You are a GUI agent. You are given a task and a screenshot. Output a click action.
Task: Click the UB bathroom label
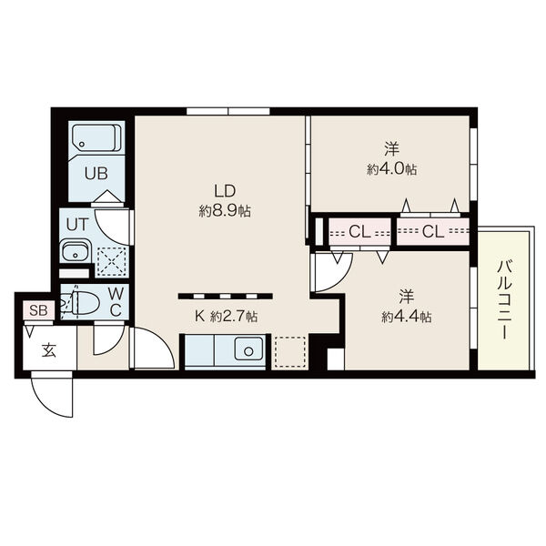(x=96, y=174)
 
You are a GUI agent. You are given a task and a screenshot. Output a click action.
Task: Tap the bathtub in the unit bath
(x=96, y=138)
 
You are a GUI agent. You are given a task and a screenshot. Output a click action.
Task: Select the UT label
(x=77, y=225)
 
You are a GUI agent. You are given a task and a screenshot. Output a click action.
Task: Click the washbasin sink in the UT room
(x=76, y=251)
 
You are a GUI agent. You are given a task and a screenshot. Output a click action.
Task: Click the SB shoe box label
(x=38, y=310)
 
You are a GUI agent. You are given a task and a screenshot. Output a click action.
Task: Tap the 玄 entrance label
(x=49, y=350)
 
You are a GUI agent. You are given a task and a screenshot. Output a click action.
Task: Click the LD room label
(x=225, y=191)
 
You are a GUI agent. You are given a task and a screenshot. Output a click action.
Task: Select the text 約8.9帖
(x=225, y=211)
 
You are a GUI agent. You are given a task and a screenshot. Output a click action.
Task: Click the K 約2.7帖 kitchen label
(x=226, y=316)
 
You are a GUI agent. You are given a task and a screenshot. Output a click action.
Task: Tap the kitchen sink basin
(x=248, y=349)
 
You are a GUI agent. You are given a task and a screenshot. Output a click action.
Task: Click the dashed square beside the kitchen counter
(x=290, y=351)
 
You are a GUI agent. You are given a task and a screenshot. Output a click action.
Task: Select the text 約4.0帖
(x=391, y=169)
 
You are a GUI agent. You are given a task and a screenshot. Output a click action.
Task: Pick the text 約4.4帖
(x=407, y=317)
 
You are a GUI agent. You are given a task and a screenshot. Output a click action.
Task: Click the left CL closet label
(x=359, y=231)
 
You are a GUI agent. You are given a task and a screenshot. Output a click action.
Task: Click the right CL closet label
(x=433, y=231)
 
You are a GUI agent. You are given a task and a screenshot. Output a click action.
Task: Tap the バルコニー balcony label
(x=504, y=299)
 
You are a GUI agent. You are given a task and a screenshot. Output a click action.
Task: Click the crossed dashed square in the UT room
(x=111, y=262)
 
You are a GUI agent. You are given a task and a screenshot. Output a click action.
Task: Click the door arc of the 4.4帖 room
(x=341, y=279)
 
